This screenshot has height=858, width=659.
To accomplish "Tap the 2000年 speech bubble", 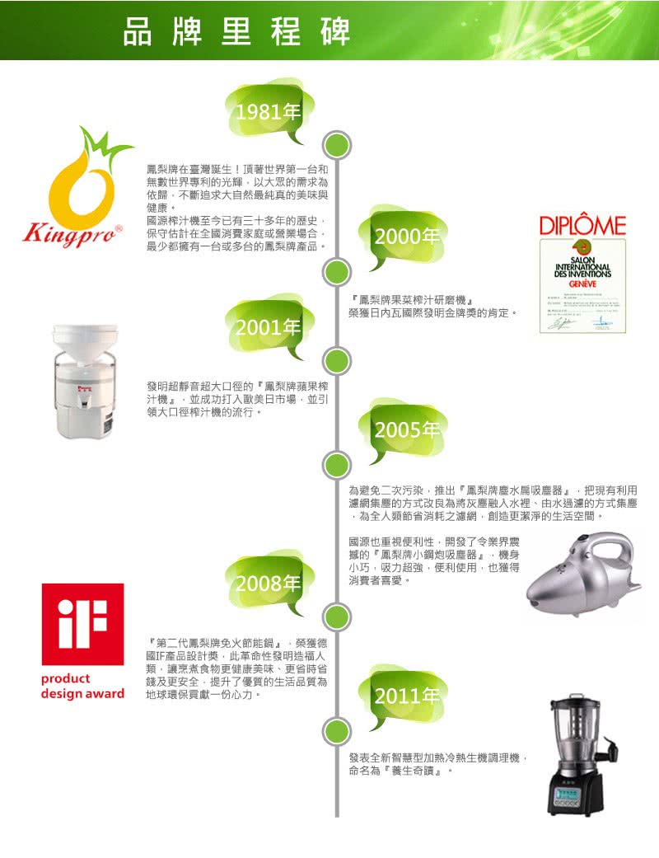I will tap(405, 237).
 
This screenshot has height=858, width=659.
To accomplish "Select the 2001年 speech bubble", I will tap(266, 328).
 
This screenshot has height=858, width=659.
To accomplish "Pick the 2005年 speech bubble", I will tap(405, 430).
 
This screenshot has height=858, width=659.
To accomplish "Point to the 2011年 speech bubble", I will tap(405, 696).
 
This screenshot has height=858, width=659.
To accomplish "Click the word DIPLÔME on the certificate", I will tap(582, 225).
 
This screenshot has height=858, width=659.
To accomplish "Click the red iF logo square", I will tap(82, 624).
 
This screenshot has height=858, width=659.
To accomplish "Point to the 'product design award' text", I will tap(82, 686).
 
